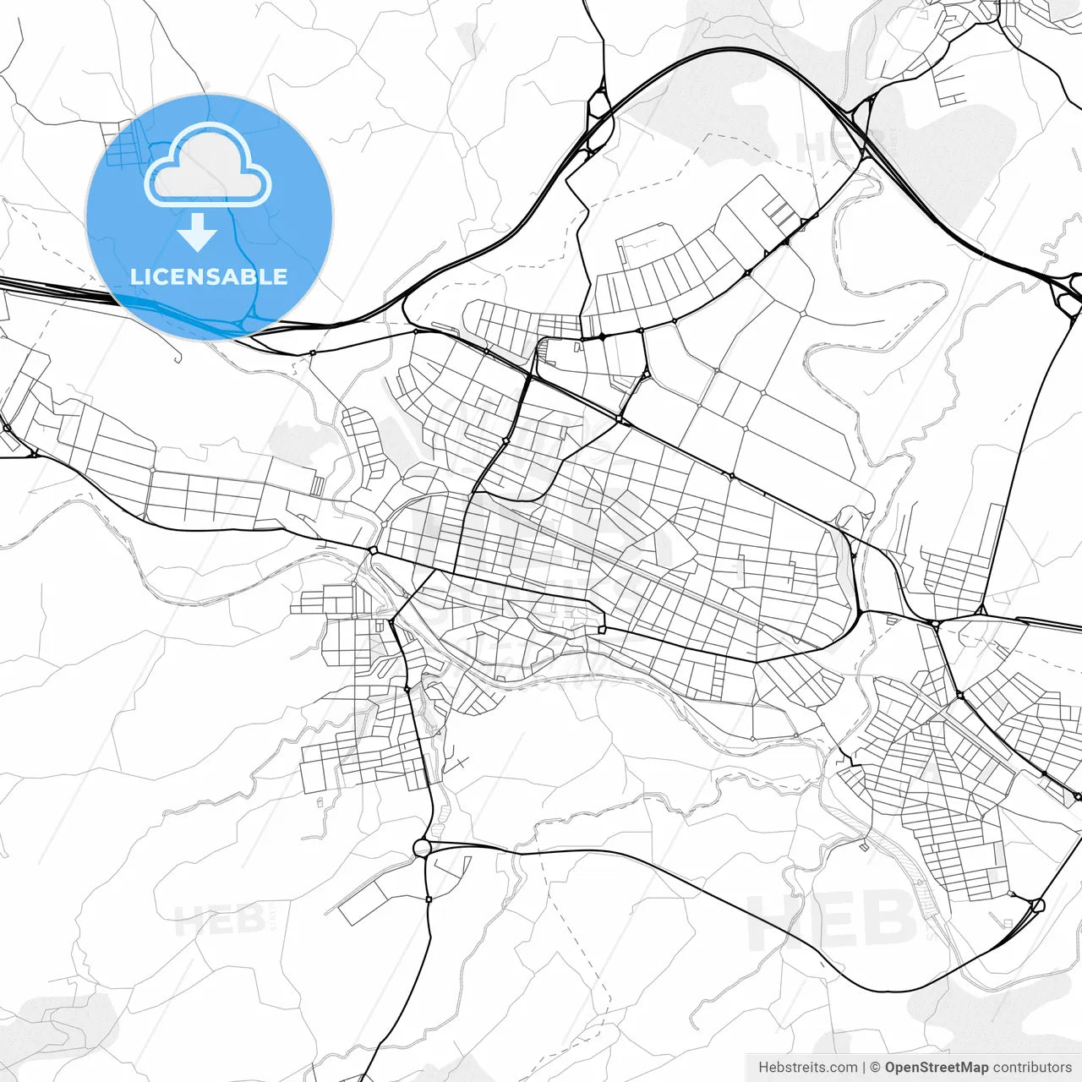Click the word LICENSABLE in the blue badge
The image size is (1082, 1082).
[209, 276]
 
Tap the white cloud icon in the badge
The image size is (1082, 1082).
[208, 167]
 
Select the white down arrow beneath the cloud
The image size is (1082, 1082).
[197, 232]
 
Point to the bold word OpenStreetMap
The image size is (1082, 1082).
[936, 1068]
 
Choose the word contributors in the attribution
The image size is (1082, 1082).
[1031, 1068]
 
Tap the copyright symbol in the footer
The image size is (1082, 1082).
[876, 1068]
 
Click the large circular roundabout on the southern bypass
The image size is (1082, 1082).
[422, 847]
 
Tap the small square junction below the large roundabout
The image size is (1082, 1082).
[429, 899]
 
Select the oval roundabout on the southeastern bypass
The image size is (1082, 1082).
[1038, 905]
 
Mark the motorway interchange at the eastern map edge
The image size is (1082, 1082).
[1067, 294]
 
